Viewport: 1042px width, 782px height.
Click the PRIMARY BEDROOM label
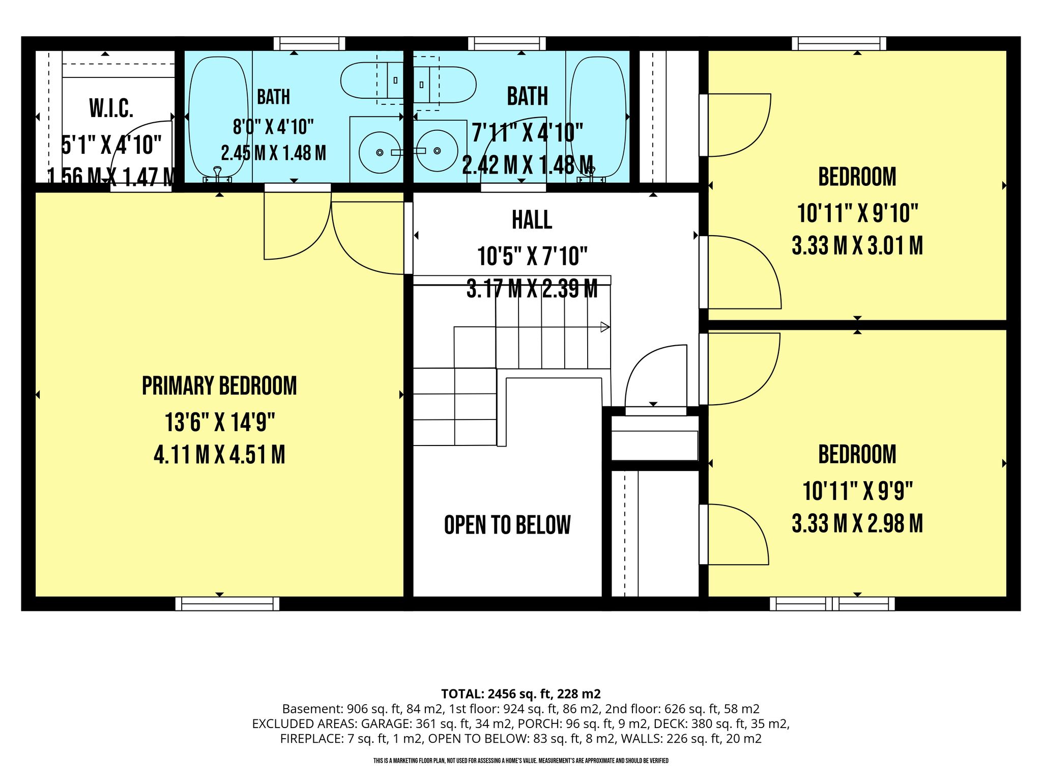[219, 386]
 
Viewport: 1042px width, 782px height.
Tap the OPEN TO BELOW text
[507, 525]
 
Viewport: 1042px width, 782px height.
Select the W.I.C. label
[111, 108]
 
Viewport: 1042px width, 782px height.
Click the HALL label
[532, 220]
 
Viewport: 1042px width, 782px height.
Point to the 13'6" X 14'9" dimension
[220, 422]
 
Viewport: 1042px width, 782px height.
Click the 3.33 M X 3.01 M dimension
[857, 245]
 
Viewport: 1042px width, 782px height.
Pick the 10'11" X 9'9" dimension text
[858, 491]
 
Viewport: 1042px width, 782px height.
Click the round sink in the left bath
[380, 152]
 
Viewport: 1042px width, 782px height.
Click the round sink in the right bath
[437, 151]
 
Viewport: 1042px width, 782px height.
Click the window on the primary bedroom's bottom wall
[227, 604]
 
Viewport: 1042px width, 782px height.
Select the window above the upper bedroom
[839, 44]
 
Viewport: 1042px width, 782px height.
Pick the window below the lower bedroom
[832, 604]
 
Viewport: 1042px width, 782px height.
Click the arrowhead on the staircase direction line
[605, 327]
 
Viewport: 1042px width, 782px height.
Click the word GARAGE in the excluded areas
[386, 723]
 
